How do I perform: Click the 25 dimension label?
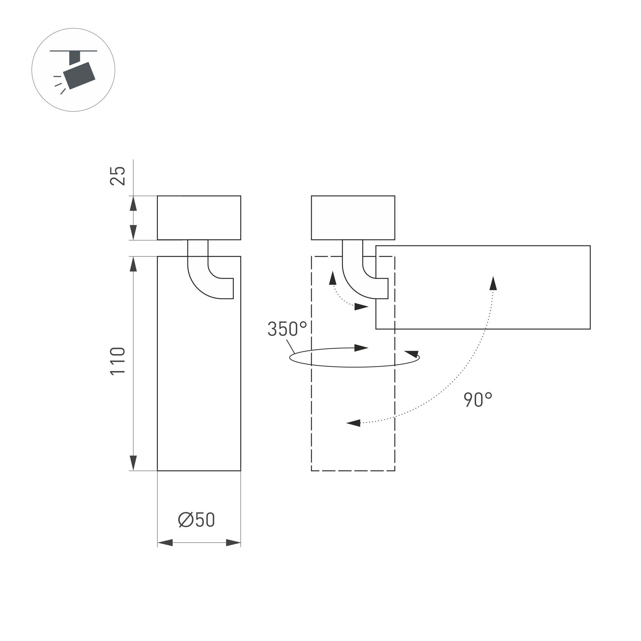pyautogui.click(x=117, y=176)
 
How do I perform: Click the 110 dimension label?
pyautogui.click(x=117, y=361)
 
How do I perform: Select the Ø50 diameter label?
pyautogui.click(x=196, y=519)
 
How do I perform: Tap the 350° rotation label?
pyautogui.click(x=287, y=329)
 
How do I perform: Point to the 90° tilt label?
pyautogui.click(x=477, y=399)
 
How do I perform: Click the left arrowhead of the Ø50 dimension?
pyautogui.click(x=165, y=543)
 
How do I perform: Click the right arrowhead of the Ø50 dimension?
pyautogui.click(x=233, y=543)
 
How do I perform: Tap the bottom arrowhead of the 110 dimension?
pyautogui.click(x=133, y=463)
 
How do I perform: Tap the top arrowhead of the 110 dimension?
pyautogui.click(x=133, y=264)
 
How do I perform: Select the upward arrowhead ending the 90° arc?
pyautogui.click(x=493, y=284)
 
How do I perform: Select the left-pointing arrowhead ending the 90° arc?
pyautogui.click(x=353, y=423)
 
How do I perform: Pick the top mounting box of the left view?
pyautogui.click(x=199, y=218)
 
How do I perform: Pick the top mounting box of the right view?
pyautogui.click(x=353, y=218)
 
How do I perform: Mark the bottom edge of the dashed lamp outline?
pyautogui.click(x=353, y=470)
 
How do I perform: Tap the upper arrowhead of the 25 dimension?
pyautogui.click(x=133, y=203)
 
